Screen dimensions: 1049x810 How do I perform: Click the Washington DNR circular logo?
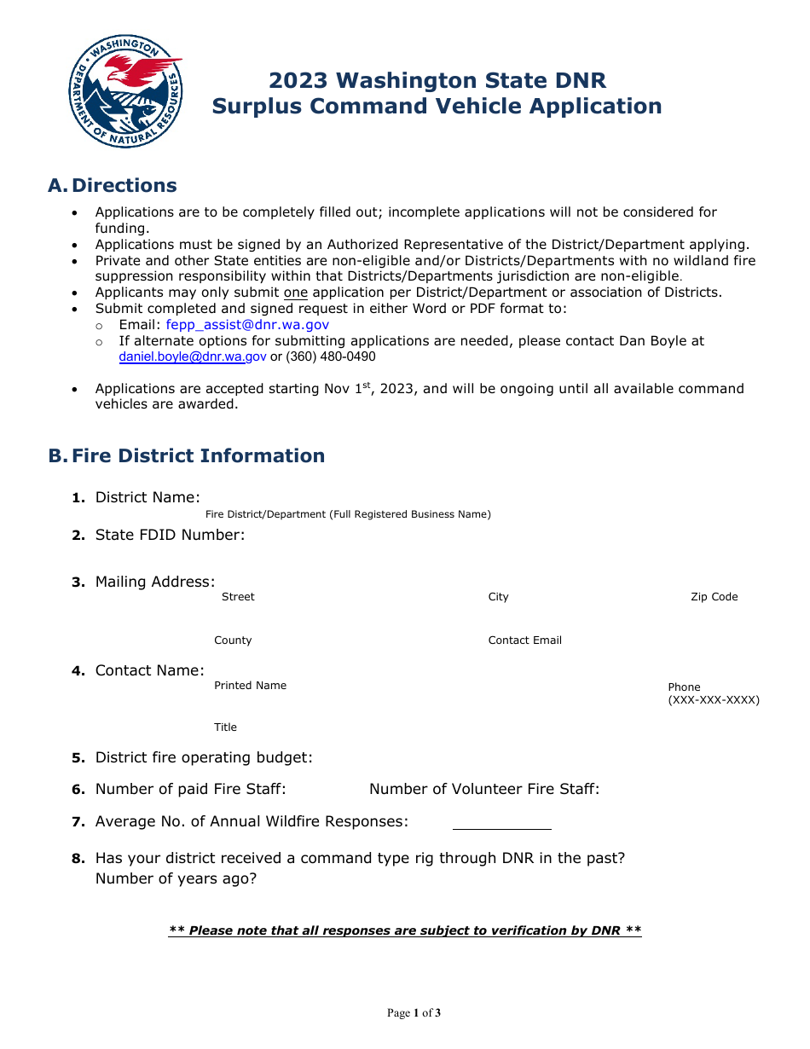pos(125,92)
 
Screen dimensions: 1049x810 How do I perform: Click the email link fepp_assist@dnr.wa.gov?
pos(247,325)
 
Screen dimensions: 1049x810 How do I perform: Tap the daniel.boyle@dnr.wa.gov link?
pos(193,357)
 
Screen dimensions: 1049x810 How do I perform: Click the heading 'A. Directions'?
pos(113,186)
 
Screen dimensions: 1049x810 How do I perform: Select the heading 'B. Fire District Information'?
pos(187,456)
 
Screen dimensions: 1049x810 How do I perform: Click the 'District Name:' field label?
pos(148,498)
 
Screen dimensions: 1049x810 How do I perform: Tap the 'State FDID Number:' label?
pos(170,536)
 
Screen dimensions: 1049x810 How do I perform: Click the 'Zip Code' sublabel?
pos(714,597)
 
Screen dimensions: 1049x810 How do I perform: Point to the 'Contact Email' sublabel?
pos(524,640)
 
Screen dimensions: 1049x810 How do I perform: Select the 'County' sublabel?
pos(233,640)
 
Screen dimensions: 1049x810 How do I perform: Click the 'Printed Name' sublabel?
pos(250,686)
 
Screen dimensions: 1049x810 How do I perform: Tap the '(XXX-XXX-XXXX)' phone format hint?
pos(714,701)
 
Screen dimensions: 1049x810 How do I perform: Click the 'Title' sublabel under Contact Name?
pos(225,727)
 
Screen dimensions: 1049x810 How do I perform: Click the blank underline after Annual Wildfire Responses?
pos(501,827)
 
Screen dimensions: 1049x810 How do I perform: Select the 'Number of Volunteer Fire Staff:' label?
pos(484,790)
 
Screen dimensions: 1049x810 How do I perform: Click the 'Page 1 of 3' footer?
pos(414,1013)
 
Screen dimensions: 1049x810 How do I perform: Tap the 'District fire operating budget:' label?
pos(204,758)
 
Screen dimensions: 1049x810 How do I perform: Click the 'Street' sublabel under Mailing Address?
pos(238,597)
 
